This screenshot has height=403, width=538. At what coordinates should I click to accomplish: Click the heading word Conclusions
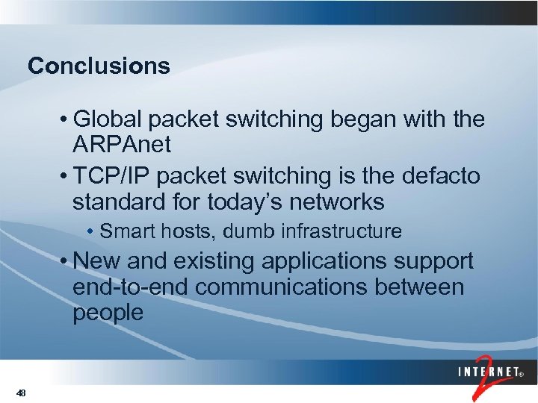[x=99, y=66]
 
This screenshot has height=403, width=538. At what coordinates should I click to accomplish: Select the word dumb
[x=250, y=232]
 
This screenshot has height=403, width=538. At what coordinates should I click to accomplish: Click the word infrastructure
[x=341, y=232]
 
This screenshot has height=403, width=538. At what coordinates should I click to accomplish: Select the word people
[x=108, y=313]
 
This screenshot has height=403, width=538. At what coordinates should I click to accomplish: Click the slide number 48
[x=21, y=393]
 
